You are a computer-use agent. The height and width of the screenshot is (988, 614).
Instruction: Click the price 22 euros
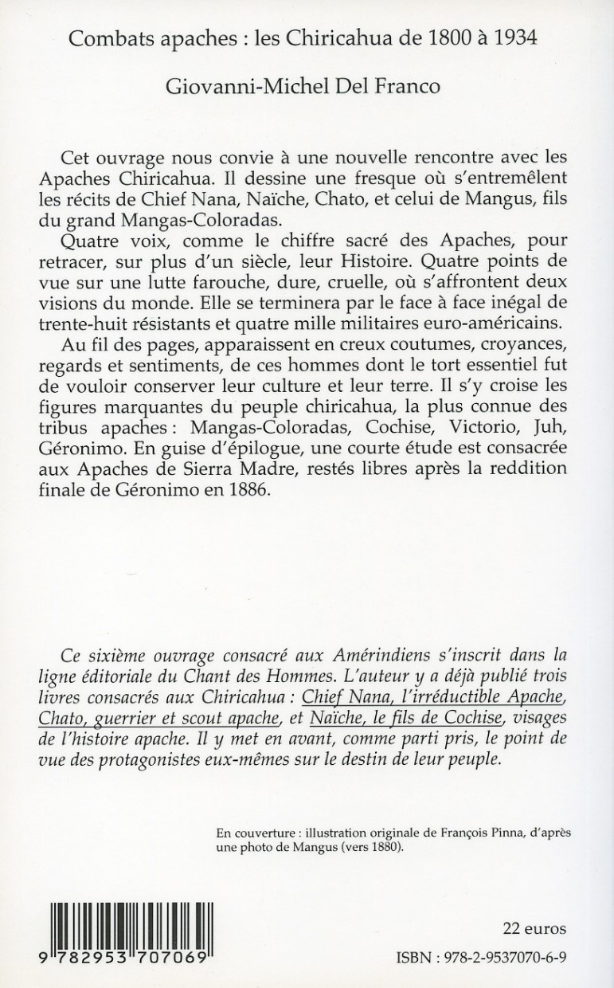534,928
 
